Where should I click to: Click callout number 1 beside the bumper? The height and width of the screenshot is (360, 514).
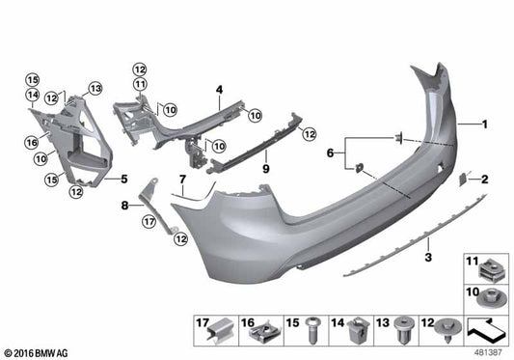tap(486, 125)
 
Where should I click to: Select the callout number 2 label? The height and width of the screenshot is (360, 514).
tap(486, 180)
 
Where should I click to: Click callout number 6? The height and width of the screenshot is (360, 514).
tap(331, 152)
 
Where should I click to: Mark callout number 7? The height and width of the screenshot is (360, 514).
tap(180, 180)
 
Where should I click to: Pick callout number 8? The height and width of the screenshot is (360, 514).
tap(124, 205)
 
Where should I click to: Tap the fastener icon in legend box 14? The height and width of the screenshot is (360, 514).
tap(358, 330)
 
